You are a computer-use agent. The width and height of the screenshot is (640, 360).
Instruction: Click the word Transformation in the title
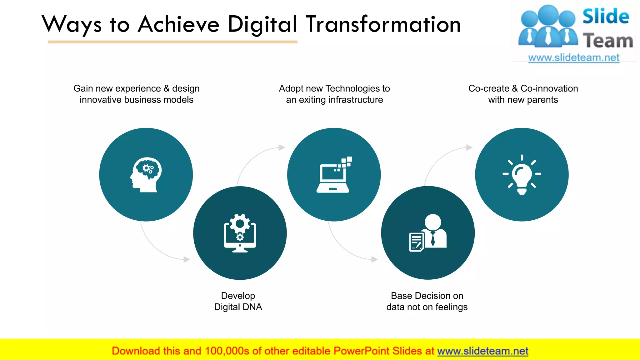(383, 24)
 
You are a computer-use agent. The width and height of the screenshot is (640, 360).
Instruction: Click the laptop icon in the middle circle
(333, 175)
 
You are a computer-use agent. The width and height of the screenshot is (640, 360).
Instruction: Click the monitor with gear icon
(240, 233)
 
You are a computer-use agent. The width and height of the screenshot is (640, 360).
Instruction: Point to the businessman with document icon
(428, 233)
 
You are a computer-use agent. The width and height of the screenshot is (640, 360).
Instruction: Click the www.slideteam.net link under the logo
(574, 58)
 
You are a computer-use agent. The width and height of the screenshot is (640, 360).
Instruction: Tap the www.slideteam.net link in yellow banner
(482, 351)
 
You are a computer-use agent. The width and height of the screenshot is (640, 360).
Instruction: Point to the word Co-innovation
(549, 89)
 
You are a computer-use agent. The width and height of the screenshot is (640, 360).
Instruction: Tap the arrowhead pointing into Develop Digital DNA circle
(187, 259)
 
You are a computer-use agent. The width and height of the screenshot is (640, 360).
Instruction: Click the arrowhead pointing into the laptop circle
(282, 147)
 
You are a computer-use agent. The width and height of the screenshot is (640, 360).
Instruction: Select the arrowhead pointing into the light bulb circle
(469, 147)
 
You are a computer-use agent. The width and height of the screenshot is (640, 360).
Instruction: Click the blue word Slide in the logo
(605, 17)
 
